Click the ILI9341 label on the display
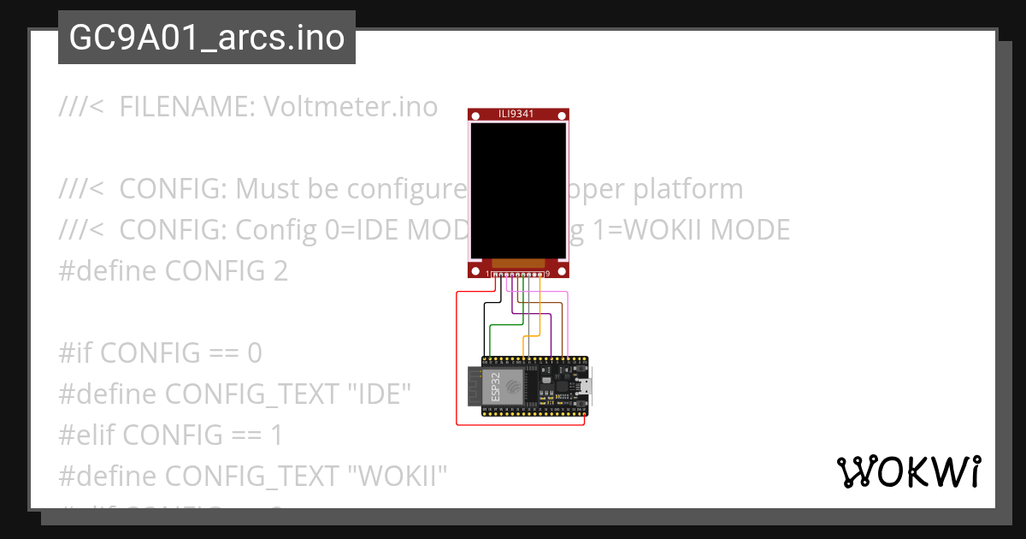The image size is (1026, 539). coord(517,114)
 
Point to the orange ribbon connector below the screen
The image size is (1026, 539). coord(518,264)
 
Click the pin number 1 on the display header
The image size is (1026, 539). coord(487,274)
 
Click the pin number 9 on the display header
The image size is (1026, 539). coord(547,274)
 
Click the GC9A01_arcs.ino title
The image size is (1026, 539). coord(207,38)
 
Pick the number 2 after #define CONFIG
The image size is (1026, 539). coord(280,271)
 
